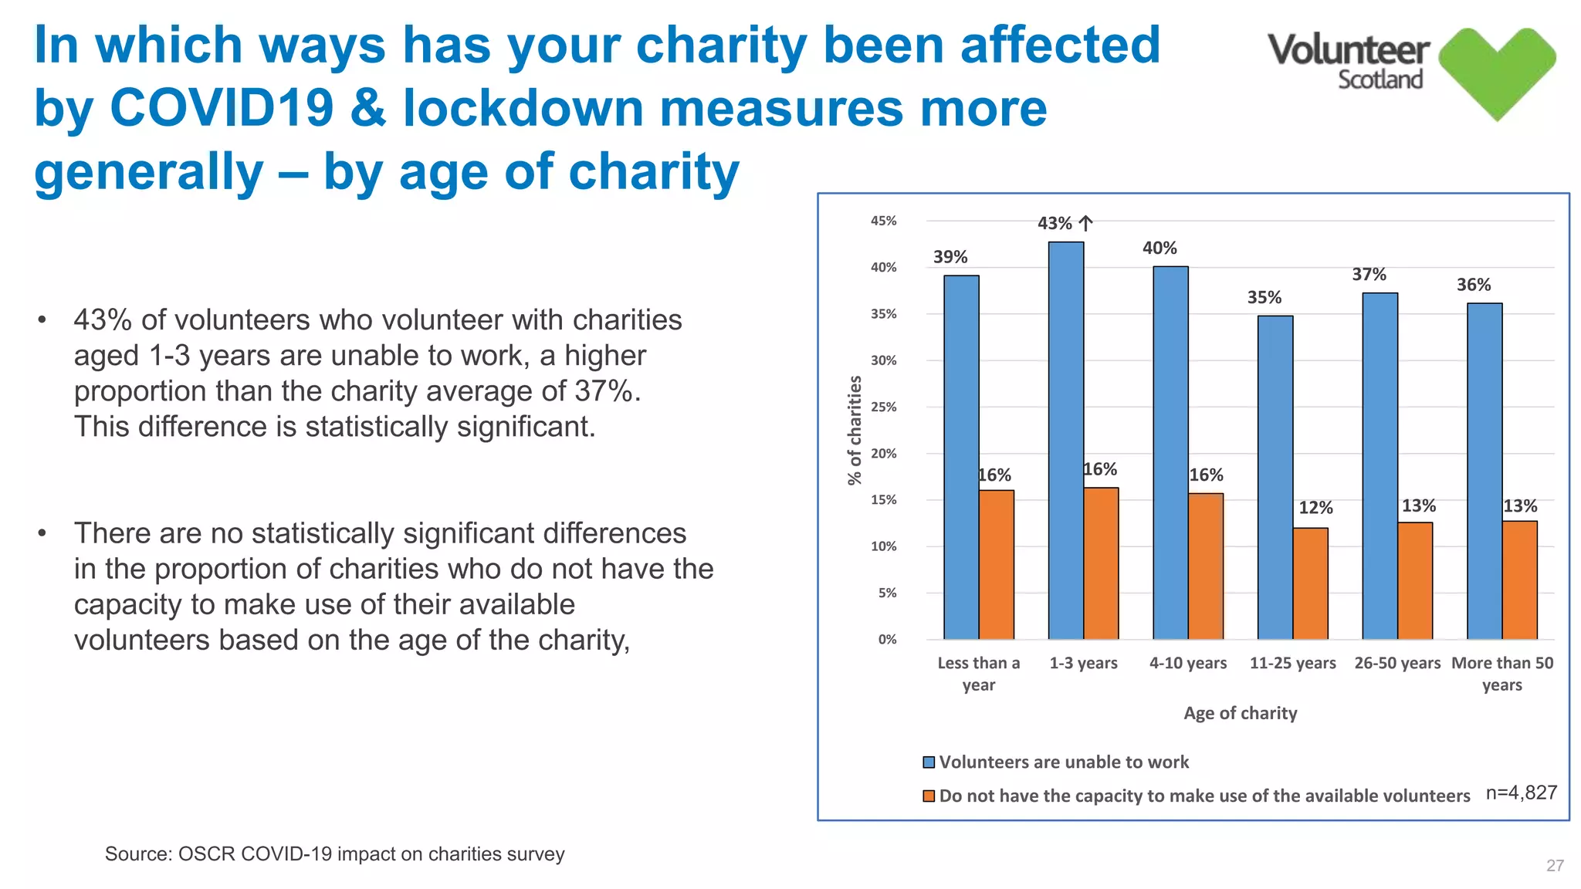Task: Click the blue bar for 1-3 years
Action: point(1065,440)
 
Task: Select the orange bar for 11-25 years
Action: point(1310,583)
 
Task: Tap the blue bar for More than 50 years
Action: point(1484,471)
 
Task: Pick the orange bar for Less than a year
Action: point(996,565)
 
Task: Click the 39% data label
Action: point(950,257)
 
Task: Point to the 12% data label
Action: point(1315,508)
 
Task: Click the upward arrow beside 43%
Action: point(1085,224)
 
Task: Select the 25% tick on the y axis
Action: point(884,407)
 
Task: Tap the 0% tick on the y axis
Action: point(887,640)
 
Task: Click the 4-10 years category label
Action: point(1187,663)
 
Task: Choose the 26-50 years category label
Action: point(1396,663)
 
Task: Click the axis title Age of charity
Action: point(1240,713)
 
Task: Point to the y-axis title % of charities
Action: point(855,430)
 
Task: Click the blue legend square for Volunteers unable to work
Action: point(929,762)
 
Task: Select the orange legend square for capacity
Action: point(929,796)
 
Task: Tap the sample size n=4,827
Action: point(1521,793)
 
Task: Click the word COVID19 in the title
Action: point(222,108)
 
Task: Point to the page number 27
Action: point(1555,866)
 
